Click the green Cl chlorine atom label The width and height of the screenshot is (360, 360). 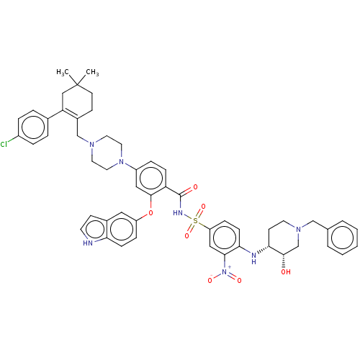click(4, 145)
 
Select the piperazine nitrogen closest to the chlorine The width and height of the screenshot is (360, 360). click(93, 145)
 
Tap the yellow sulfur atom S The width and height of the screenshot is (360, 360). click(195, 220)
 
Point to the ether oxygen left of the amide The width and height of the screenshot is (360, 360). click(150, 213)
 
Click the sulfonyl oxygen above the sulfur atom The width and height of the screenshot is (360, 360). click(203, 207)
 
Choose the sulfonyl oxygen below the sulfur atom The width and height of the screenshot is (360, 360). click(187, 235)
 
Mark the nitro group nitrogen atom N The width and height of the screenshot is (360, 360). click(225, 273)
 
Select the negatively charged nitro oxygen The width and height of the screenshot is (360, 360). click(210, 280)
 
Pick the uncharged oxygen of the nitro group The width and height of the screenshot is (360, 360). click(238, 281)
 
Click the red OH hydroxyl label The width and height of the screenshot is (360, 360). click(286, 272)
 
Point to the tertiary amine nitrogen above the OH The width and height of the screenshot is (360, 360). click(299, 228)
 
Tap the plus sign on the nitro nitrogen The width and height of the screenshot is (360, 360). click(230, 268)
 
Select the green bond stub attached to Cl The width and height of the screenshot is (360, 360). click(13, 142)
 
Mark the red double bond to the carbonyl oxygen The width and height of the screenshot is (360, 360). click(189, 189)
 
